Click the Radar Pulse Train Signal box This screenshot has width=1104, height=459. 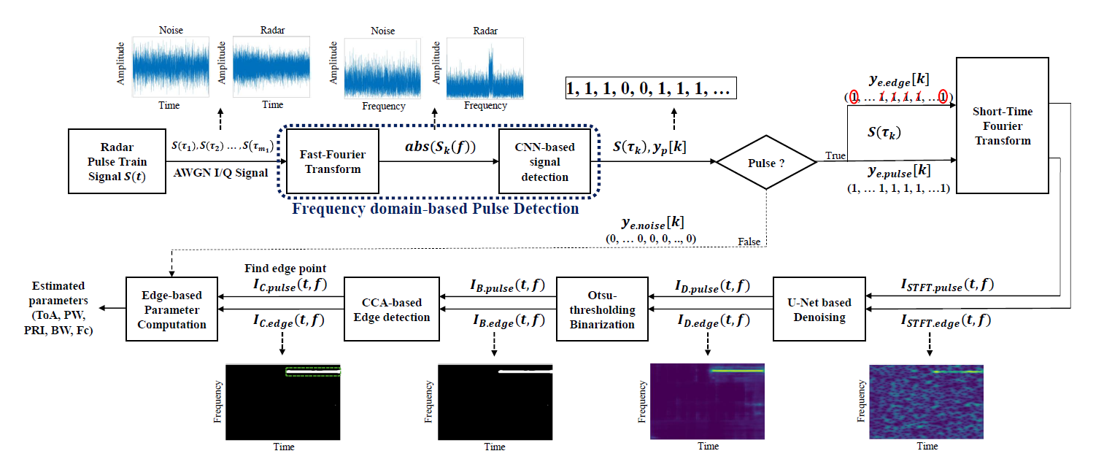pos(117,161)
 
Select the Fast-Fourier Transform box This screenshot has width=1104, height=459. pos(333,161)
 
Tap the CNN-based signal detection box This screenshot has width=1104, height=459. pos(544,161)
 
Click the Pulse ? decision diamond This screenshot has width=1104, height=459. pos(766,162)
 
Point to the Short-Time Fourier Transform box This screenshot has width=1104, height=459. pos(1003,126)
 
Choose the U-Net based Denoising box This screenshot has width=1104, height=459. pos(819,309)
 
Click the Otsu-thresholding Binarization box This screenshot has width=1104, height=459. pos(602,309)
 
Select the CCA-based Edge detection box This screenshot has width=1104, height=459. pos(392,309)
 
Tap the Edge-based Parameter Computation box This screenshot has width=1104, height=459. pos(171,309)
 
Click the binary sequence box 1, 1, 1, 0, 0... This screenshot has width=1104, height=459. pos(651,88)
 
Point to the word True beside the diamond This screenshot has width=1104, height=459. pos(835,155)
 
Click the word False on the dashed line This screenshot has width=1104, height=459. pos(749,242)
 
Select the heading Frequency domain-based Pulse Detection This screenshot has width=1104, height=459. pos(435,209)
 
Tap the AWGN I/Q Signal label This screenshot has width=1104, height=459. pos(221,172)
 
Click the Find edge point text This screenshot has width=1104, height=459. pos(285,269)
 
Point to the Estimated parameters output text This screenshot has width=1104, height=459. pos(58,308)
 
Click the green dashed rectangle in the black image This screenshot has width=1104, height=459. pos(313,371)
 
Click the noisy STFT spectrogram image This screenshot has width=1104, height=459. pos(926,402)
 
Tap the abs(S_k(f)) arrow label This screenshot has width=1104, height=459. pos(440,147)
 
